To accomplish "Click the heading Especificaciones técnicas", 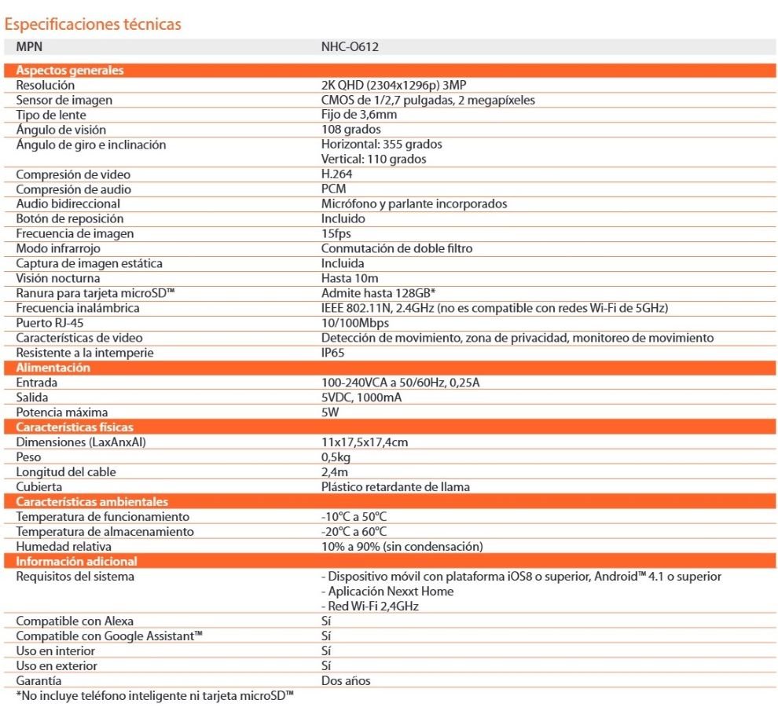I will tap(93, 24).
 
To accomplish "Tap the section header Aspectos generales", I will tap(70, 70).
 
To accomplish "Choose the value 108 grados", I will tap(351, 130).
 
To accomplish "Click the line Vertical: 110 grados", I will tap(374, 159).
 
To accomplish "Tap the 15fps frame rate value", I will tap(336, 233).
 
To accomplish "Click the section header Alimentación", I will tap(53, 368).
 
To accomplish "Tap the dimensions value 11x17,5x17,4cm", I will tap(365, 442).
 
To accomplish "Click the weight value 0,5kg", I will tap(336, 457).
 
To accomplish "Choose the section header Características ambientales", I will tap(93, 501).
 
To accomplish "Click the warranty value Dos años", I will tap(346, 681).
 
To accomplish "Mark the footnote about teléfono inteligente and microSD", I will tap(155, 696).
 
